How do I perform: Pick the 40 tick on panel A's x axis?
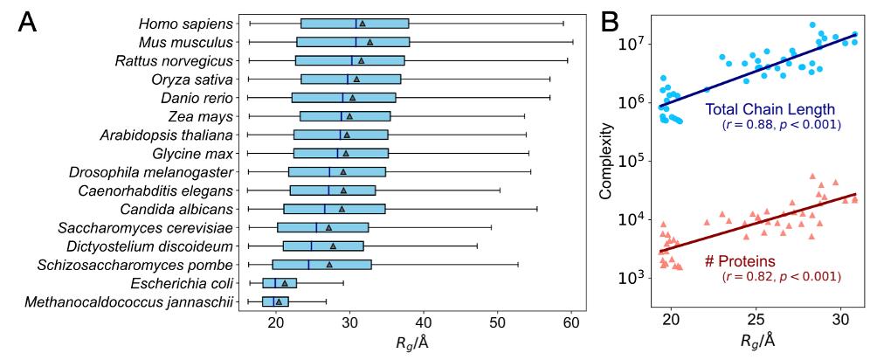[423, 326]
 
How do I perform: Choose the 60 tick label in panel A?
[571, 326]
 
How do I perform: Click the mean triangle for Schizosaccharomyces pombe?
[329, 265]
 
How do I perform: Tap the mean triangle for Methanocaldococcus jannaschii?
[279, 302]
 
